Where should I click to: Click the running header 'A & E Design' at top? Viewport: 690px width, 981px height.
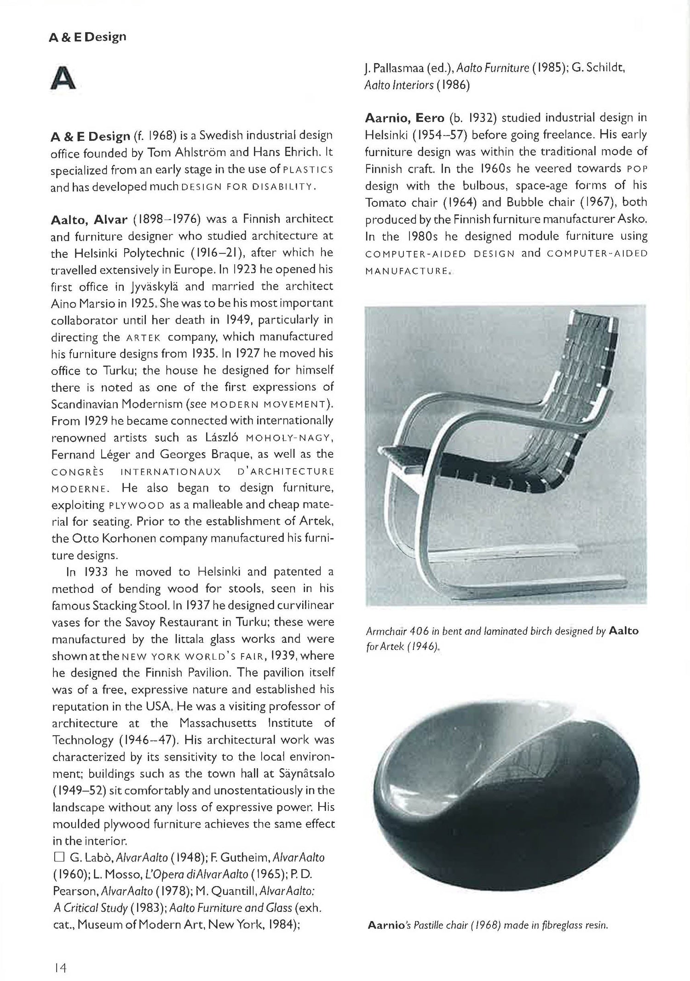click(87, 37)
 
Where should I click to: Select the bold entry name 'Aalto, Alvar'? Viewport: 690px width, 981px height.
click(89, 219)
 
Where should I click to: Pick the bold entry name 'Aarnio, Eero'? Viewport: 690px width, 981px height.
click(404, 118)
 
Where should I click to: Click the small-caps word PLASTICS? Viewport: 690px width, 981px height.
click(308, 170)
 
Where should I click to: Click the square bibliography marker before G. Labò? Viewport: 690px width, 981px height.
click(58, 857)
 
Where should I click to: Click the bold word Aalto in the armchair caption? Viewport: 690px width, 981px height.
click(623, 631)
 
